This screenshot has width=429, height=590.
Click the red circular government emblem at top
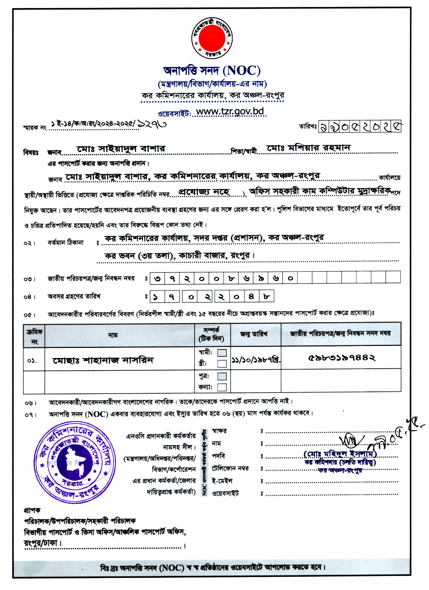point(212,38)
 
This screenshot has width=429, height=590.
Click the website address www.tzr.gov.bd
point(230,111)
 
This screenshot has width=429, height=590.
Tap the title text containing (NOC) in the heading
point(212,71)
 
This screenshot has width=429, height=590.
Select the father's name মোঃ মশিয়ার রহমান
point(308,148)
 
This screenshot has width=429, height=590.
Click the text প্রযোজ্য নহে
point(204,192)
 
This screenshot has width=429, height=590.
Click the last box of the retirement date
point(266,296)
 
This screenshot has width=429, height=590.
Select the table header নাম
point(113,335)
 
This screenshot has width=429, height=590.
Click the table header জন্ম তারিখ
point(254,334)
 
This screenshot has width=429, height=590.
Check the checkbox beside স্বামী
point(222,353)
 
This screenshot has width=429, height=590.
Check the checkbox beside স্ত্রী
point(222,364)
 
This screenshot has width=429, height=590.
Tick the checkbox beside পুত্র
point(222,376)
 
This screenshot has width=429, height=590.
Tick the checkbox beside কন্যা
point(222,387)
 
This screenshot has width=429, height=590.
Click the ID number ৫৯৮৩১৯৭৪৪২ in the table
point(341,358)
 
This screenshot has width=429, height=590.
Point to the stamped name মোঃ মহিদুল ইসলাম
point(340,454)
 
